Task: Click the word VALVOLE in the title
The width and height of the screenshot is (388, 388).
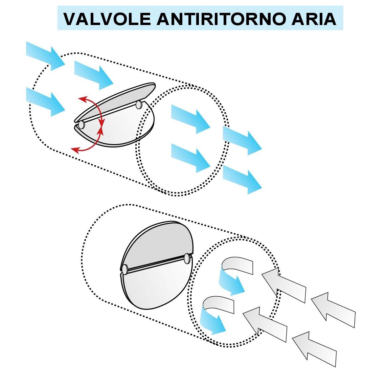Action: pos(107,19)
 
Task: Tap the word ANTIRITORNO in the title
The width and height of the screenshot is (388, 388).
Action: pos(221,19)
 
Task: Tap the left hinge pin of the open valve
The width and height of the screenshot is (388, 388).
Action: pos(82,124)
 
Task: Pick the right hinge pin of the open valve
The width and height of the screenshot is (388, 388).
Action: pos(139,105)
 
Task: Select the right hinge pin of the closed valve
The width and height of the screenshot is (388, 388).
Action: pos(187,258)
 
